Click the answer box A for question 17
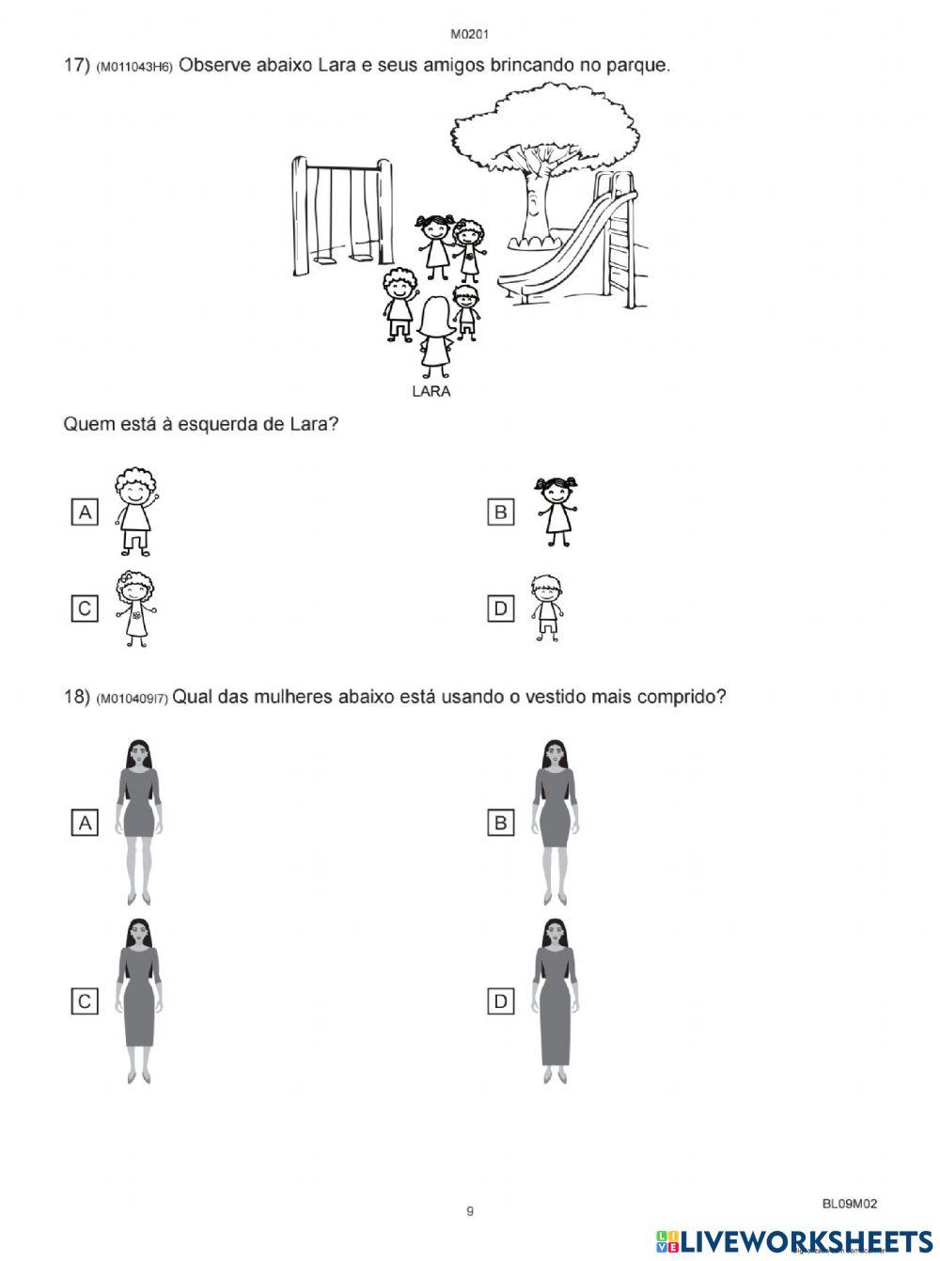pos(85,512)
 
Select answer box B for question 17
pos(501,512)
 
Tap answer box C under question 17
pos(85,608)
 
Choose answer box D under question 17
pos(501,608)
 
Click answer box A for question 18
pos(85,823)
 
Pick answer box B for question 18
pos(501,823)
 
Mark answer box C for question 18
pos(85,1001)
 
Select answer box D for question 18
pos(501,1001)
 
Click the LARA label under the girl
pos(431,391)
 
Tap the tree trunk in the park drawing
pos(531,202)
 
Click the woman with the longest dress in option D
pos(555,1001)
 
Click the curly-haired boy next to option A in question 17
pos(135,512)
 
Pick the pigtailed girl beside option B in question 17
pos(557,511)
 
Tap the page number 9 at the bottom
pos(470,1211)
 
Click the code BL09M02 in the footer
pos(850,1203)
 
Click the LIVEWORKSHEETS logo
pos(794,1241)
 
